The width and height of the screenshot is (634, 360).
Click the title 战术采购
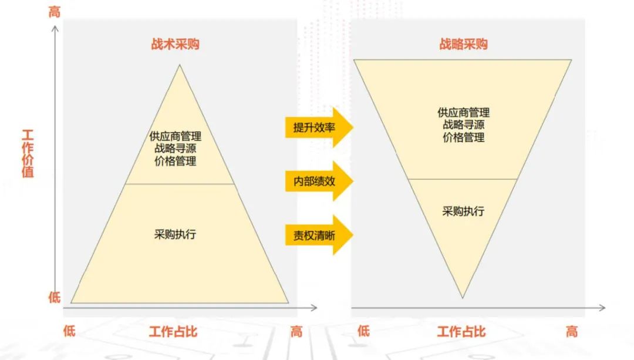click(175, 45)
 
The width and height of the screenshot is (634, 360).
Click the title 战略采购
click(463, 45)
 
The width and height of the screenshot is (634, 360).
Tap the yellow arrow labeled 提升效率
click(317, 127)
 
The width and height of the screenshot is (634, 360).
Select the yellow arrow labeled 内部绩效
click(317, 181)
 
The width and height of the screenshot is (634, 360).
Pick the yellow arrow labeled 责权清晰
click(317, 235)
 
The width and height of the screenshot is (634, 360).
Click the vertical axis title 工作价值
click(27, 153)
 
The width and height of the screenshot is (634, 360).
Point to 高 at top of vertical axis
click(54, 12)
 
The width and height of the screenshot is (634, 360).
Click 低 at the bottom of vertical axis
click(54, 298)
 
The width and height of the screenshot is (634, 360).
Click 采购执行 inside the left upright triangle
click(175, 235)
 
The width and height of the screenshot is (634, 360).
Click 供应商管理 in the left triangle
click(175, 137)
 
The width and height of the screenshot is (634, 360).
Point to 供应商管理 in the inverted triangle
click(463, 113)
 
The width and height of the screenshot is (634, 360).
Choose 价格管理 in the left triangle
click(175, 162)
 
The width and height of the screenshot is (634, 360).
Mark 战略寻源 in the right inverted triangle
click(463, 125)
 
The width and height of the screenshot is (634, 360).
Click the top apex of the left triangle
click(179, 66)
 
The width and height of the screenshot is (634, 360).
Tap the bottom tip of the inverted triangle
click(463, 297)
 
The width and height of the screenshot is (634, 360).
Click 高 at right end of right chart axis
click(572, 332)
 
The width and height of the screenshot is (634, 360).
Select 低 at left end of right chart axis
click(363, 332)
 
